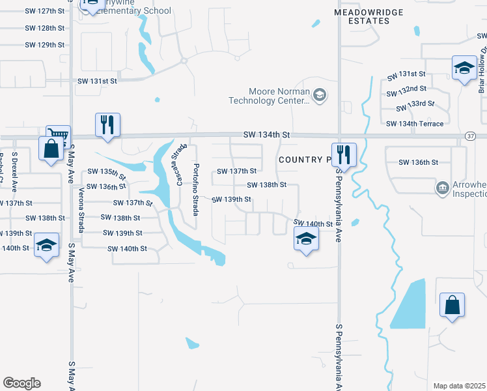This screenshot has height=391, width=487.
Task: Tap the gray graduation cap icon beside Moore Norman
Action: (x=319, y=96)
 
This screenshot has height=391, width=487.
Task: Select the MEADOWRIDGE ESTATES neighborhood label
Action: (x=369, y=16)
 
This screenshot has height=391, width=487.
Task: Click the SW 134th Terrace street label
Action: (x=415, y=124)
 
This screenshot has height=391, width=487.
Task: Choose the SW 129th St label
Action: (x=45, y=45)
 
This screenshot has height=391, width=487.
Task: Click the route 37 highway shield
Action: (x=470, y=135)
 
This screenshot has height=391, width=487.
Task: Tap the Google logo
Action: (x=21, y=383)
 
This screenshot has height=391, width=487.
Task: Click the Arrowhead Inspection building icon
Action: (x=443, y=188)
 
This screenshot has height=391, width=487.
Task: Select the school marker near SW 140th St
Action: (x=305, y=239)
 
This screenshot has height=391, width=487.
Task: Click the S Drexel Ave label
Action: (x=14, y=171)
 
